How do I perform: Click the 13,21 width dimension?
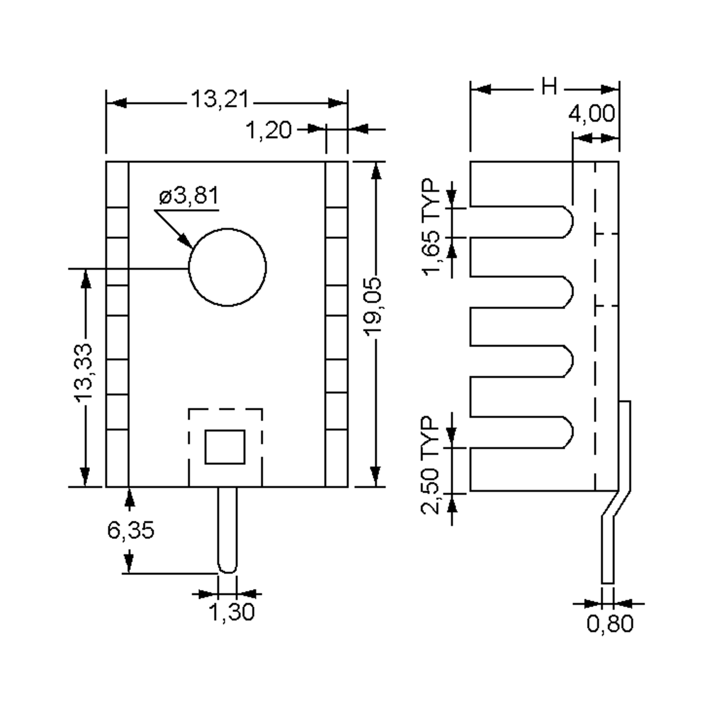click(220, 100)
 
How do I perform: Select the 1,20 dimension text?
click(268, 130)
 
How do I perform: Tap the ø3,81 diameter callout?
click(189, 195)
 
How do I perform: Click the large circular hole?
click(227, 267)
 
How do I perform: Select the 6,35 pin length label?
click(131, 530)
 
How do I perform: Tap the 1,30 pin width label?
click(232, 612)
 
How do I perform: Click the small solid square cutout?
click(225, 447)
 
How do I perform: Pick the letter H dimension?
click(549, 87)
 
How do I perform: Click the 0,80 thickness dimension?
click(610, 624)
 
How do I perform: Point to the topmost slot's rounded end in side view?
click(568, 222)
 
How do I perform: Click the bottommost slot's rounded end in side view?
click(568, 433)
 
